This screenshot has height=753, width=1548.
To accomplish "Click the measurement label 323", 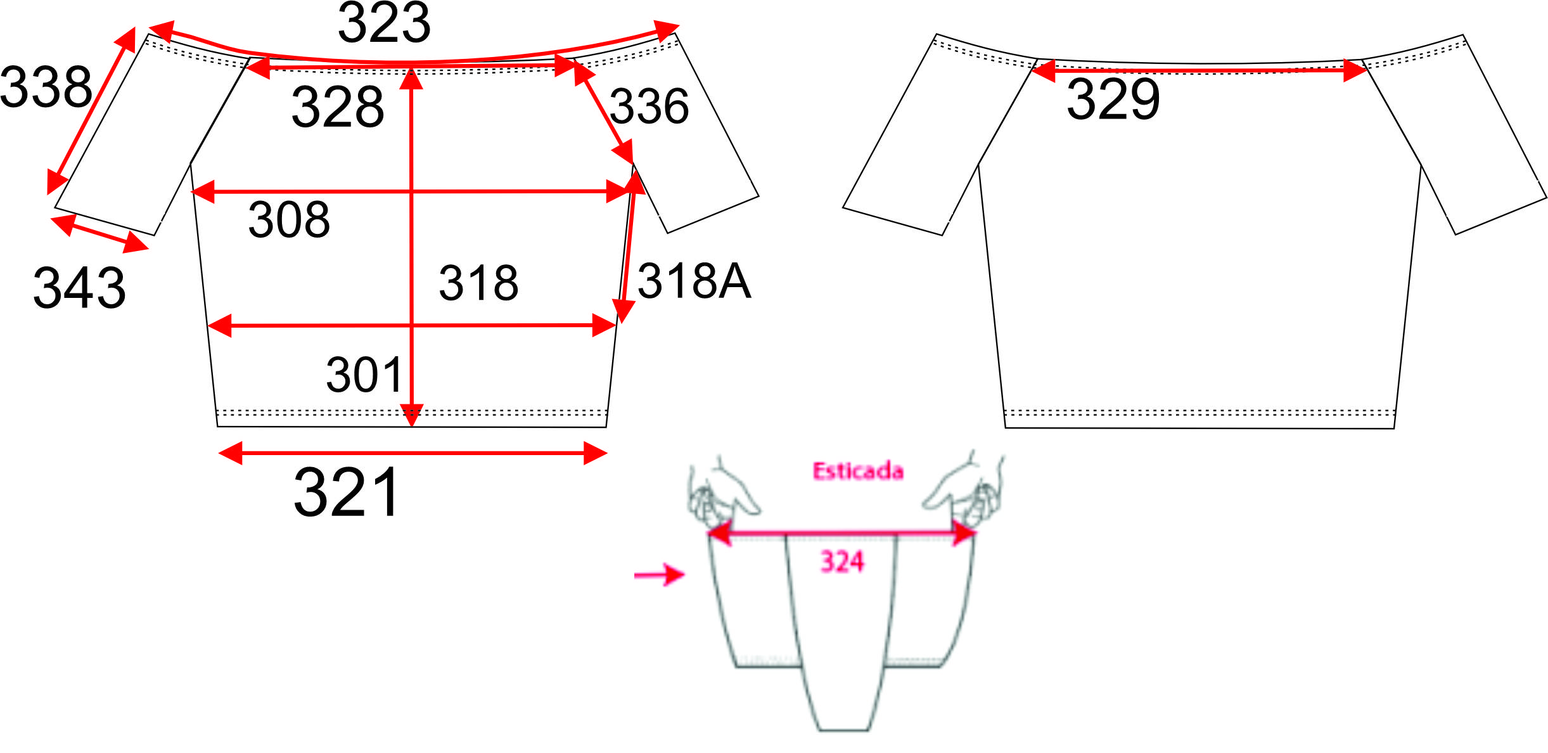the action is point(384,23).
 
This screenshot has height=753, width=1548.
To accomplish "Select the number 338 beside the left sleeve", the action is point(46,87).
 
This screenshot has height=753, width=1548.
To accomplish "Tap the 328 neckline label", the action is point(338,106).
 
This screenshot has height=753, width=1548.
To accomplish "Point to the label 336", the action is point(649,106).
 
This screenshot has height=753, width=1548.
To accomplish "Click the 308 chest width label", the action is point(289,220).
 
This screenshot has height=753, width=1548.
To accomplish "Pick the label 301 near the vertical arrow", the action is point(364,375).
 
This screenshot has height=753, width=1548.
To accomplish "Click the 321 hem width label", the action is point(346,492).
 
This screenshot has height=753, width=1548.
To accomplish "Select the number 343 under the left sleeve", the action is point(79,288).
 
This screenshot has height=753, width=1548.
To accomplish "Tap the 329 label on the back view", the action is point(1113,99).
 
